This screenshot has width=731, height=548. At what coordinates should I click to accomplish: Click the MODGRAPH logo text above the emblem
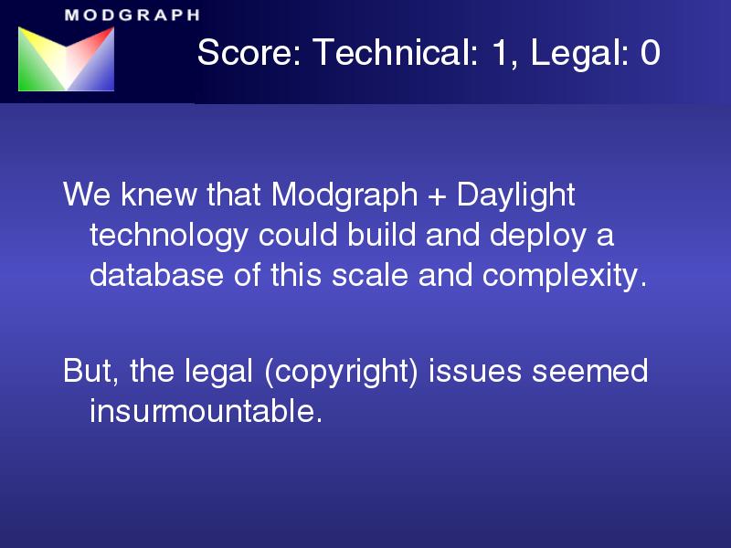(x=132, y=15)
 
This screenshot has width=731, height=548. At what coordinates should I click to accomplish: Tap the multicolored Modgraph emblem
(x=66, y=58)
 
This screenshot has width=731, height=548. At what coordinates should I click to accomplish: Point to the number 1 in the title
(x=499, y=52)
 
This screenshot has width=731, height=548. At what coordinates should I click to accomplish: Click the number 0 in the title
(x=651, y=52)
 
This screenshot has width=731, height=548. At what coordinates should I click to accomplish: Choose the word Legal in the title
(x=579, y=53)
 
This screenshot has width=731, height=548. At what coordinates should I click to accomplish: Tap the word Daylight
(x=515, y=195)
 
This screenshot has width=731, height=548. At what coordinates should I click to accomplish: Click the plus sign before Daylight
(x=437, y=195)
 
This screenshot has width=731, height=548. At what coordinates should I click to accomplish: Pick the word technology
(x=168, y=236)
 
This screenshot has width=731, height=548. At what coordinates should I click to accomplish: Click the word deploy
(x=538, y=236)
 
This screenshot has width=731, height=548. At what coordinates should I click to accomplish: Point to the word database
(x=156, y=275)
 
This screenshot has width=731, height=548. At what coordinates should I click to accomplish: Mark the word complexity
(x=565, y=276)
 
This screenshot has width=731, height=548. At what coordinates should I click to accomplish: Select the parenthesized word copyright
(x=341, y=373)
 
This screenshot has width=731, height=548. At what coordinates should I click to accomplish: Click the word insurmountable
(x=206, y=411)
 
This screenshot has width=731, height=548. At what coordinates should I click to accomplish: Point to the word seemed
(x=589, y=371)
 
